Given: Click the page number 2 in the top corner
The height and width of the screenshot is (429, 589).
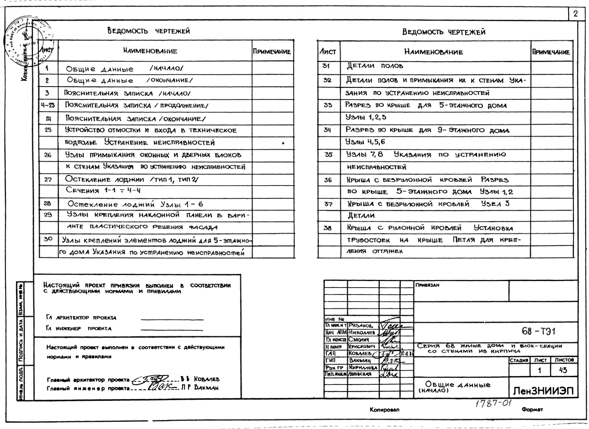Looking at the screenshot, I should click(x=576, y=14).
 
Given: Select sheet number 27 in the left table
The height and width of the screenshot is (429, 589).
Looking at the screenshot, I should click(x=48, y=179).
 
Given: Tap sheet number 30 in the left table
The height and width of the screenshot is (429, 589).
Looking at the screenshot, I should click(x=48, y=239).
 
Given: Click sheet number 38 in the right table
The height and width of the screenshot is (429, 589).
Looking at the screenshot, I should click(x=328, y=228).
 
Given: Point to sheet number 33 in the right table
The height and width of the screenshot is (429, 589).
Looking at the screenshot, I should click(x=328, y=105).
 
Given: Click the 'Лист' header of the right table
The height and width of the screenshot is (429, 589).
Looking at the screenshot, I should click(x=328, y=52).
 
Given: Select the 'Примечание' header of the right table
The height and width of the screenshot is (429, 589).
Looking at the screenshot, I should click(x=551, y=52).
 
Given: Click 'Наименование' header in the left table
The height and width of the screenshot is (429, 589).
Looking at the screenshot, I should click(x=150, y=51).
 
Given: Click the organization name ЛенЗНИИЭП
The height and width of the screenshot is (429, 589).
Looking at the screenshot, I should click(x=543, y=391).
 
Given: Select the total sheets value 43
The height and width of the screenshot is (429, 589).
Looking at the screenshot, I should click(x=563, y=370).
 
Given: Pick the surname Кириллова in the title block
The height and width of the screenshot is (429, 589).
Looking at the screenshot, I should click(x=363, y=367).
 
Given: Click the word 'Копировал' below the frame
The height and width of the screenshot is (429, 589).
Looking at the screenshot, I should click(x=384, y=410).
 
